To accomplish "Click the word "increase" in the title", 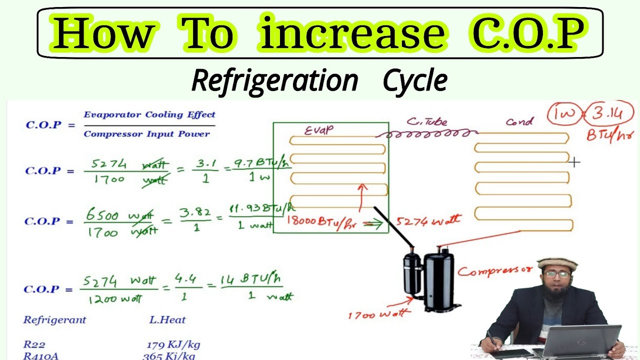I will pyautogui.click(x=352, y=33).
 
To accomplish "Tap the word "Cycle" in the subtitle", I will pyautogui.click(x=414, y=81).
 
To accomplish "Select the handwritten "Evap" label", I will pyautogui.click(x=319, y=130).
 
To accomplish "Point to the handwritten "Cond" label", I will pyautogui.click(x=519, y=121).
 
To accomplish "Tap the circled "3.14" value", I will pyautogui.click(x=608, y=114).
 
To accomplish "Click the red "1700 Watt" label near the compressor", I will pyautogui.click(x=379, y=314).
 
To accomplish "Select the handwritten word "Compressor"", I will pyautogui.click(x=495, y=271).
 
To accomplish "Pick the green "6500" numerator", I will pyautogui.click(x=102, y=215).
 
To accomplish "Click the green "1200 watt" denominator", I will pyautogui.click(x=115, y=299).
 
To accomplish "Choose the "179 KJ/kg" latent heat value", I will pyautogui.click(x=173, y=344).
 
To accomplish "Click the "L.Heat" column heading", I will pyautogui.click(x=167, y=320).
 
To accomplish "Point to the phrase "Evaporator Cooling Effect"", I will pyautogui.click(x=149, y=115).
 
